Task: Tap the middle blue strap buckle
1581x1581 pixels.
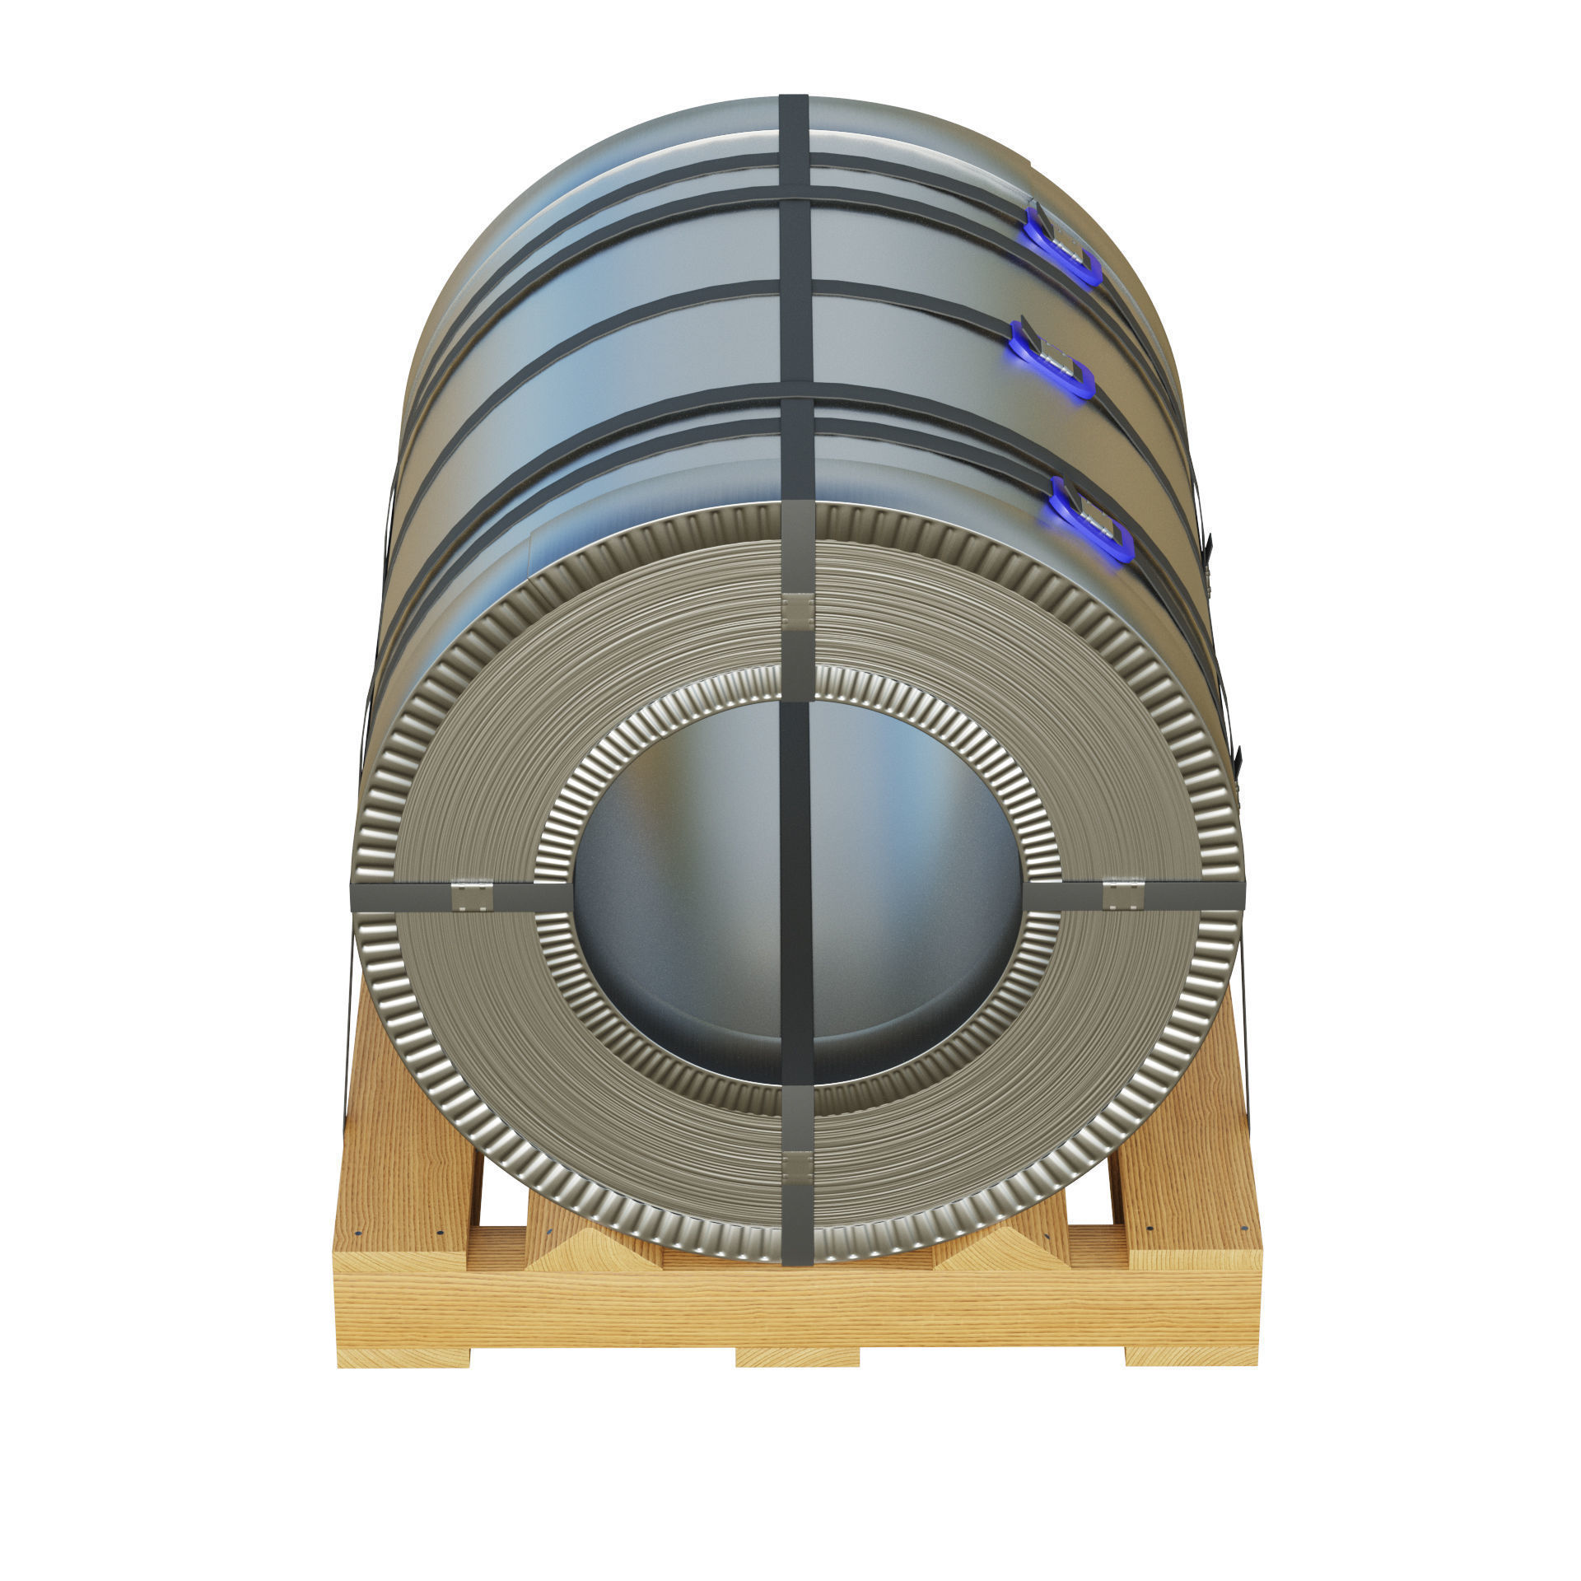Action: click(1053, 363)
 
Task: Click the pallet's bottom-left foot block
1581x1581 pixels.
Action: click(403, 1357)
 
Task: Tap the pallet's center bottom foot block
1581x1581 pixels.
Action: click(796, 1357)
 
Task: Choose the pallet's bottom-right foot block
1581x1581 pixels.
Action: click(1190, 1357)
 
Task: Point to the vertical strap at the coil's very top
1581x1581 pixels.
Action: click(795, 132)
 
